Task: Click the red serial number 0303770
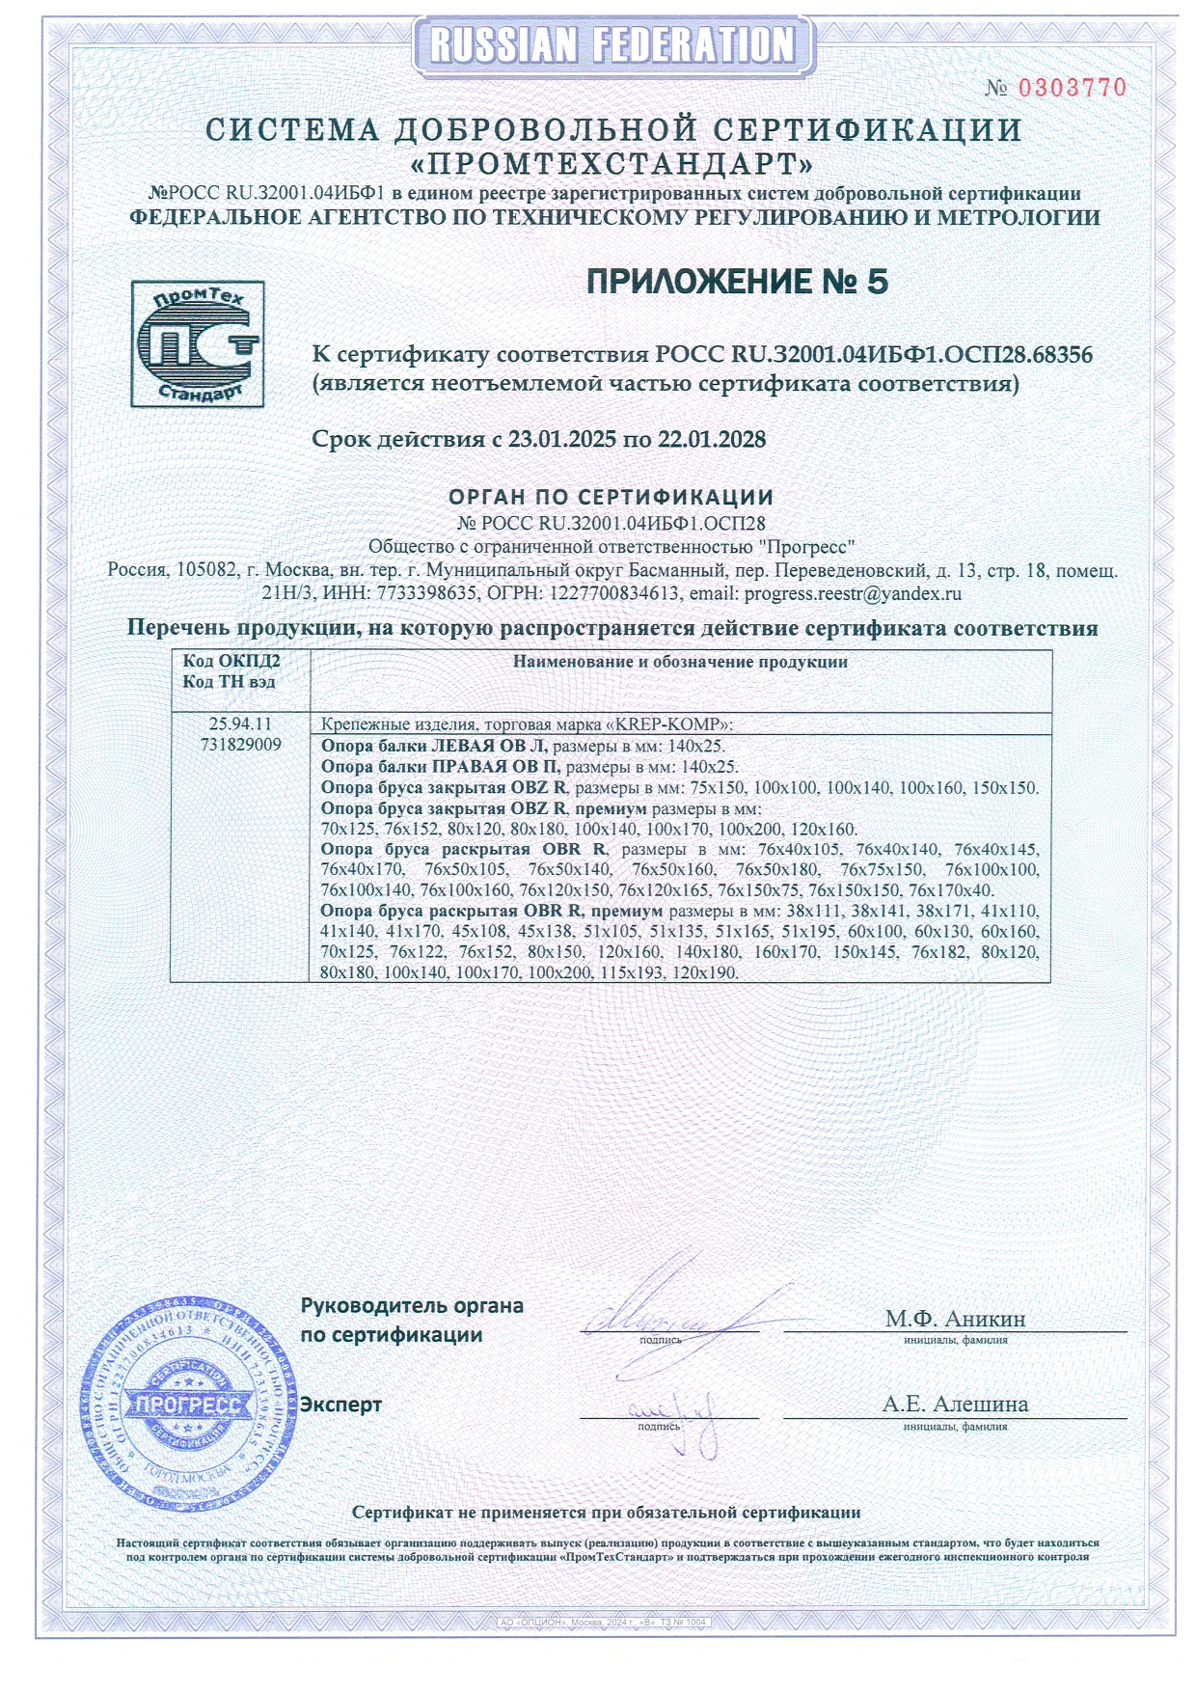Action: tap(1073, 88)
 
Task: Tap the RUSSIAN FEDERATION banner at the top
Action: tap(613, 45)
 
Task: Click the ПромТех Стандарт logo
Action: tap(197, 343)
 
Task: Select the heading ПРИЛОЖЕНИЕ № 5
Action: tap(737, 282)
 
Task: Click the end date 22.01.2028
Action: tap(712, 440)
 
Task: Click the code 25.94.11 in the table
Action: tap(240, 723)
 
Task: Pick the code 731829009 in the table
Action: tap(240, 745)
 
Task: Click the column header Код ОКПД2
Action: tap(231, 662)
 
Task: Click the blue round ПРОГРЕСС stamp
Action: tap(187, 1404)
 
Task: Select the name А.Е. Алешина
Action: tap(955, 1405)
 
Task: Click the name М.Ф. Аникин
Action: tap(955, 1319)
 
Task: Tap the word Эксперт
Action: tap(340, 1405)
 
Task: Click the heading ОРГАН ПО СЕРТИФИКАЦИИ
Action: tap(612, 498)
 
